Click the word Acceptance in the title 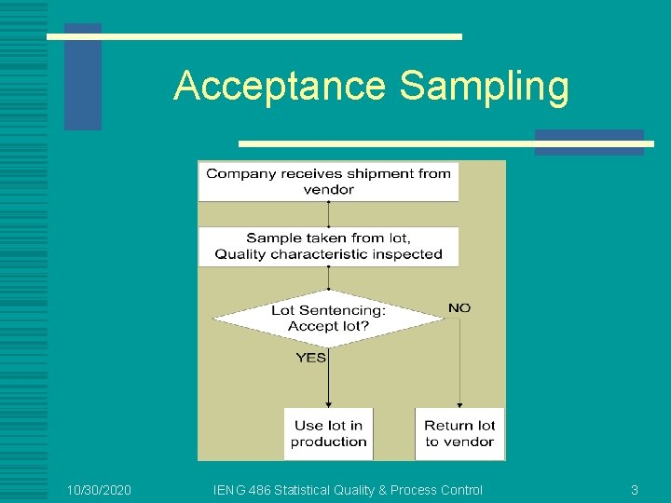tap(279, 87)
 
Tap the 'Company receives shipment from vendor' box tap(328, 181)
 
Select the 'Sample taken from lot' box tap(328, 246)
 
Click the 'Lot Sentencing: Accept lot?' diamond tap(328, 319)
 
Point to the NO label tap(459, 307)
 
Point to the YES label tap(311, 358)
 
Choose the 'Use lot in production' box tap(328, 433)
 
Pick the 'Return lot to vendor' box tap(459, 433)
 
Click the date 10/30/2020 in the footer tap(100, 490)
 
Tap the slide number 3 tap(635, 490)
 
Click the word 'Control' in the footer tap(459, 490)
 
